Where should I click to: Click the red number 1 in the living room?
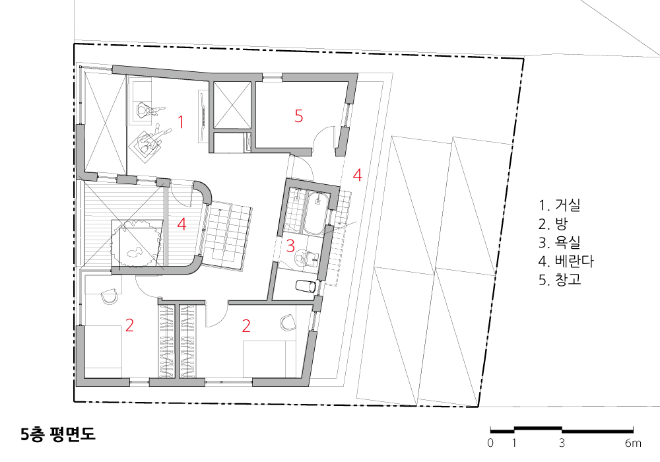pyautogui.click(x=181, y=122)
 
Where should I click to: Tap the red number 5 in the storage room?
pyautogui.click(x=299, y=115)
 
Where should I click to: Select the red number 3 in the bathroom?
pyautogui.click(x=290, y=246)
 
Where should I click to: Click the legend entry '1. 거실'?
pyautogui.click(x=560, y=205)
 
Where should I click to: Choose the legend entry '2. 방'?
pyautogui.click(x=552, y=224)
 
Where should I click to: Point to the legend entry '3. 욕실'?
pyautogui.click(x=560, y=242)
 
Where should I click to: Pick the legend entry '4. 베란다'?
pyautogui.click(x=566, y=261)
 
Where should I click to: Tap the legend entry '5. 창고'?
pyautogui.click(x=560, y=280)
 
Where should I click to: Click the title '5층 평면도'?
pyautogui.click(x=58, y=435)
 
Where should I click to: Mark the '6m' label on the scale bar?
pyautogui.click(x=633, y=443)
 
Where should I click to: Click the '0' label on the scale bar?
pyautogui.click(x=490, y=443)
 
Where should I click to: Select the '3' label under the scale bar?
pyautogui.click(x=562, y=443)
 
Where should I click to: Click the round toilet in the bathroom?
pyautogui.click(x=302, y=257)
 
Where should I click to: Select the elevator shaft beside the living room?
pyautogui.click(x=232, y=105)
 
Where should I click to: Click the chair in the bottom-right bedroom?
pyautogui.click(x=288, y=321)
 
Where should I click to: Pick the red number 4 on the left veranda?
pyautogui.click(x=182, y=224)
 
